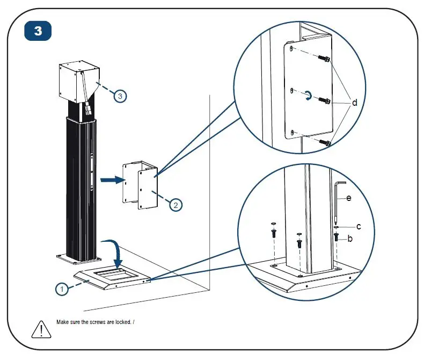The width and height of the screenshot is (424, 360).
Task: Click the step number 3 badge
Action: pyautogui.click(x=38, y=31)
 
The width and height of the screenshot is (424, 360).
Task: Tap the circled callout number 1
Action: pyautogui.click(x=63, y=289)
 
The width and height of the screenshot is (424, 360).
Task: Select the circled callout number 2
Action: pyautogui.click(x=176, y=204)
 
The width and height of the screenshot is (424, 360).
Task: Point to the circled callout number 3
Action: pyautogui.click(x=121, y=96)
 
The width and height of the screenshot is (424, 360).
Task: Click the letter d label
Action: pyautogui.click(x=354, y=102)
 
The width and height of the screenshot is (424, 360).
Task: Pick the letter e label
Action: pyautogui.click(x=348, y=198)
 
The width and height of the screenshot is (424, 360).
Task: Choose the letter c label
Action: pyautogui.click(x=359, y=226)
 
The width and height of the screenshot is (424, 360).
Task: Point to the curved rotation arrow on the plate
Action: pyautogui.click(x=307, y=96)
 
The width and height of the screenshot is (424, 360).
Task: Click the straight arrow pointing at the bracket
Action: pyautogui.click(x=112, y=181)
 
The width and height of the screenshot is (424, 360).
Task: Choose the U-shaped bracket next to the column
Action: pyautogui.click(x=140, y=184)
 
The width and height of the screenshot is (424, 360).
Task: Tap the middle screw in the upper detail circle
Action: pyautogui.click(x=324, y=100)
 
